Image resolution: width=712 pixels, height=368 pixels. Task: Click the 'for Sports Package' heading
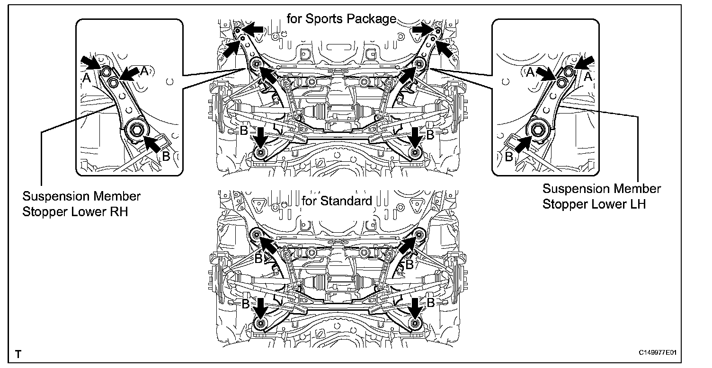(341, 19)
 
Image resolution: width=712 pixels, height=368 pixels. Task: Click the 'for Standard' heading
(337, 201)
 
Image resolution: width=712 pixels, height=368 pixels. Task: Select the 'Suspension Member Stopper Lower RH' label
(81, 203)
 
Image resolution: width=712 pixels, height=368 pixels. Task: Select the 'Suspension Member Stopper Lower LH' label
(601, 196)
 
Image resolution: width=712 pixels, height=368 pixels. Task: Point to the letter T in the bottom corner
(18, 354)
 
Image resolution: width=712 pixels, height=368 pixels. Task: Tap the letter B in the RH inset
(166, 156)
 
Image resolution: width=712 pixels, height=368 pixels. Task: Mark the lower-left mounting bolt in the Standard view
(259, 324)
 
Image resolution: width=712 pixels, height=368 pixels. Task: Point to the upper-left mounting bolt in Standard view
(256, 234)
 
